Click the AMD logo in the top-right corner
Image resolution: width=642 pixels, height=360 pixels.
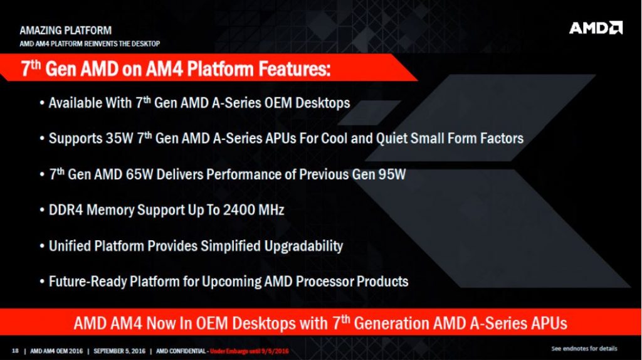coord(596,28)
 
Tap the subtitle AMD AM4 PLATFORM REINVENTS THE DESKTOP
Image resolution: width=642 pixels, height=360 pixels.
coord(90,43)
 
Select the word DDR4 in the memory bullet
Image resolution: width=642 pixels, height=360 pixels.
coord(66,209)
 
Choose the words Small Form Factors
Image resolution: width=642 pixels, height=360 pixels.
coord(466,138)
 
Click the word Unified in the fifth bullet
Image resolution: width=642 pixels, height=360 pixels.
coord(70,245)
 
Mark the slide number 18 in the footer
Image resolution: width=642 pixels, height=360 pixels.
coord(15,349)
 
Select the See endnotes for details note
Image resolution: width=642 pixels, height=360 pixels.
coord(584,348)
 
